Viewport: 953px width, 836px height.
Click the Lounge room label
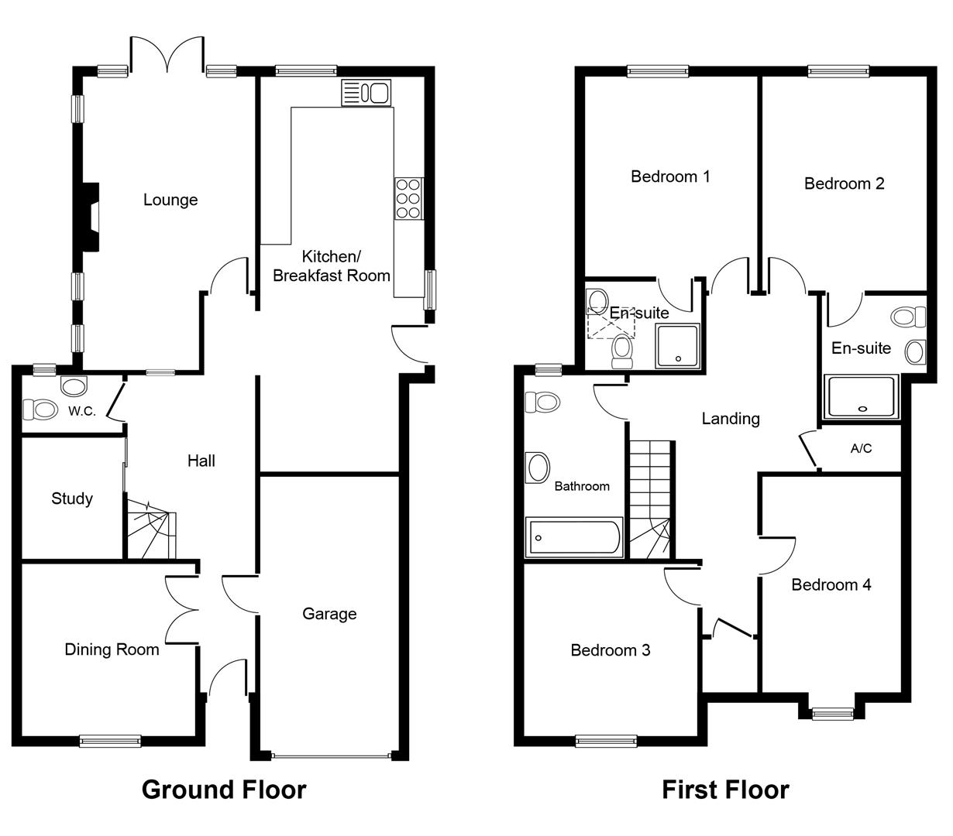pyautogui.click(x=170, y=200)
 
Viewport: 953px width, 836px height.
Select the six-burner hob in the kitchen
pyautogui.click(x=408, y=198)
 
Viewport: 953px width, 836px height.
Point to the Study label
pyautogui.click(x=72, y=499)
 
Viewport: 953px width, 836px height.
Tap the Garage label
pyautogui.click(x=329, y=614)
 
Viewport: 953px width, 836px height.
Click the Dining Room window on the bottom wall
pyautogui.click(x=110, y=742)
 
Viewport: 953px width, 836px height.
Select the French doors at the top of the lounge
pyautogui.click(x=167, y=54)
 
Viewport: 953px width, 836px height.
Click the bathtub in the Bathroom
pyautogui.click(x=574, y=538)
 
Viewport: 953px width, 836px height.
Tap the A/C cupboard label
pyautogui.click(x=861, y=448)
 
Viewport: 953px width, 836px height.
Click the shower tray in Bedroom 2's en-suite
pyautogui.click(x=861, y=396)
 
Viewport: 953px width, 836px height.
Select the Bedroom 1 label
pyautogui.click(x=670, y=176)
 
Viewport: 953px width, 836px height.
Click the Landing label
pyautogui.click(x=731, y=419)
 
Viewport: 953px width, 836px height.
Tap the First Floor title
pyautogui.click(x=725, y=790)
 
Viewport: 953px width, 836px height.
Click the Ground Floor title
pyautogui.click(x=224, y=790)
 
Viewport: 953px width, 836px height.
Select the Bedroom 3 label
pyautogui.click(x=610, y=650)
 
